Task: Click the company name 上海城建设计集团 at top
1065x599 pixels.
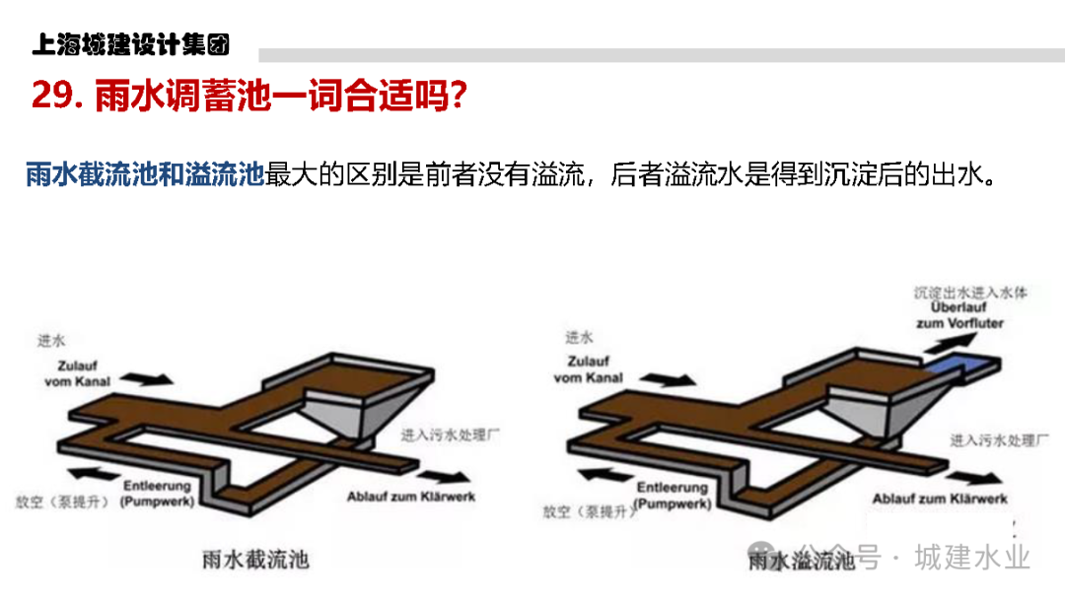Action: pos(130,45)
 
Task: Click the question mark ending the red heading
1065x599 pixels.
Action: pos(455,97)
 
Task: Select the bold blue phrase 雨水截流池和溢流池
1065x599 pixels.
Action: pos(145,175)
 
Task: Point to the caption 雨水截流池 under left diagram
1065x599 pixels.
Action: pos(248,559)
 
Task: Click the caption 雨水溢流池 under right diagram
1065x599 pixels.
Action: pos(801,561)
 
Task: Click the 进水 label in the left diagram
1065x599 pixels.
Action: pos(51,341)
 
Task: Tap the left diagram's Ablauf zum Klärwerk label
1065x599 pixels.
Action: pos(410,497)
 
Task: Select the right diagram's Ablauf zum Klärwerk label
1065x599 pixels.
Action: pos(940,499)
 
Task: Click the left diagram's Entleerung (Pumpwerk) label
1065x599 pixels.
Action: pos(158,494)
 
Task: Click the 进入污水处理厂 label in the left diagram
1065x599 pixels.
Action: pos(450,435)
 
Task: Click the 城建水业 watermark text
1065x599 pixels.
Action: pos(971,557)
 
